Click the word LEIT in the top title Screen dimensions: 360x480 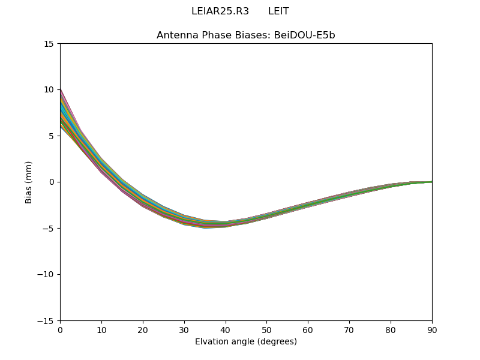pos(278,11)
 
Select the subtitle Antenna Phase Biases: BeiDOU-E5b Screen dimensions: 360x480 pos(246,35)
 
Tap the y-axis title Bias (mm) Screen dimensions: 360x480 pos(29,182)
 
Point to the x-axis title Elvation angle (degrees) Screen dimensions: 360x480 pos(246,342)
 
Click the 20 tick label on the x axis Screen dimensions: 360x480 pos(143,329)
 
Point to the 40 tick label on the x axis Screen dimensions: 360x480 pos(226,329)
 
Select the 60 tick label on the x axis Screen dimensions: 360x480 pos(308,329)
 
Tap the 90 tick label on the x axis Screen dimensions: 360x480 pos(432,329)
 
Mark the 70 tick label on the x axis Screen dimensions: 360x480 pos(349,329)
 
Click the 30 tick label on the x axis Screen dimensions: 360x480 pos(184,329)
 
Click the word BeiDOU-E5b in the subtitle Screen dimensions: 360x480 pos(305,35)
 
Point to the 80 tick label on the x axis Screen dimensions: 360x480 pos(391,329)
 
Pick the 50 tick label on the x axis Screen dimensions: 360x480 pos(266,329)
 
